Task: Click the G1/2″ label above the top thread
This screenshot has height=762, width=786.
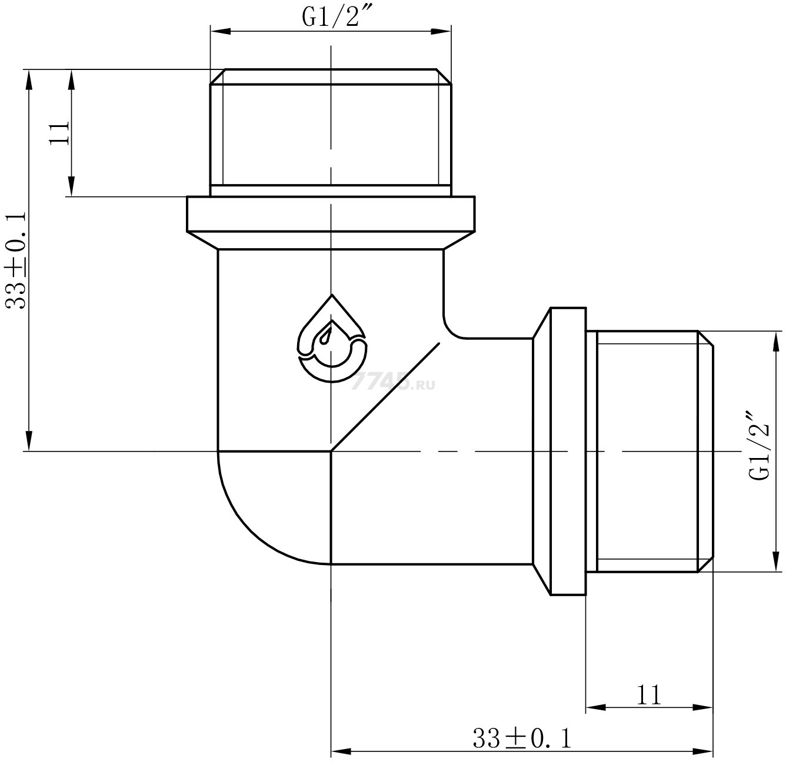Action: [x=331, y=18]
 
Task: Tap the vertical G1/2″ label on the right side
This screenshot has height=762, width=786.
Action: [x=760, y=452]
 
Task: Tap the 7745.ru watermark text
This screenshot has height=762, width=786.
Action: [x=393, y=382]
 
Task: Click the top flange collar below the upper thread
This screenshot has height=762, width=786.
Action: [x=331, y=222]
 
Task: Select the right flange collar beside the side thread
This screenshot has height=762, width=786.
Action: [x=559, y=452]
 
